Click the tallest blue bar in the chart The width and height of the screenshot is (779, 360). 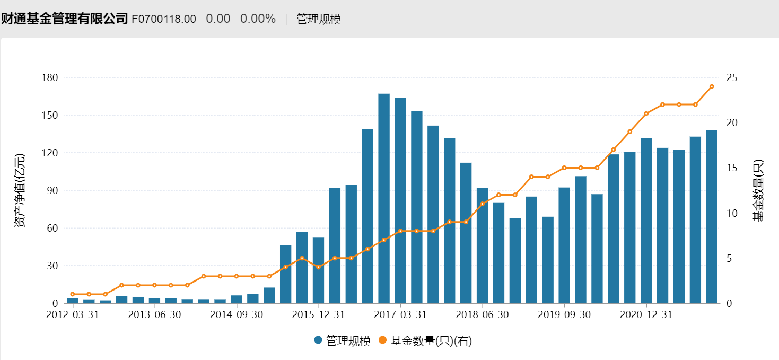pos(384,198)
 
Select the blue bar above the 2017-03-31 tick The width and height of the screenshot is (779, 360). pos(400,200)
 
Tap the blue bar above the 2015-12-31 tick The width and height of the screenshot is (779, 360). pos(318,270)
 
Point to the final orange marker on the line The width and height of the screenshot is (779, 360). pos(712,86)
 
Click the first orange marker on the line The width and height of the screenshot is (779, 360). pos(73,294)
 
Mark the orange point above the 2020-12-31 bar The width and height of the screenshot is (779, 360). pos(646,113)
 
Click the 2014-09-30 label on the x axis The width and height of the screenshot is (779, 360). pos(237,314)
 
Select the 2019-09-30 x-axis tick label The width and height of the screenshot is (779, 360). pos(564,314)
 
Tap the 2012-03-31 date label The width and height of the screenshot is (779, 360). pos(73,314)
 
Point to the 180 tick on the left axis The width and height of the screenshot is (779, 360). pos(50,78)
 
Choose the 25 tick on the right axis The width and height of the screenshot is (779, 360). pos(732,78)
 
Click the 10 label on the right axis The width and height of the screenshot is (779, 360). pos(732,213)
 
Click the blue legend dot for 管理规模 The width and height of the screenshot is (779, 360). pos(318,341)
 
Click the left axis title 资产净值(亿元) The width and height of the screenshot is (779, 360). pos(20,191)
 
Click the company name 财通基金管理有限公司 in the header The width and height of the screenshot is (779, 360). pos(64,19)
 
